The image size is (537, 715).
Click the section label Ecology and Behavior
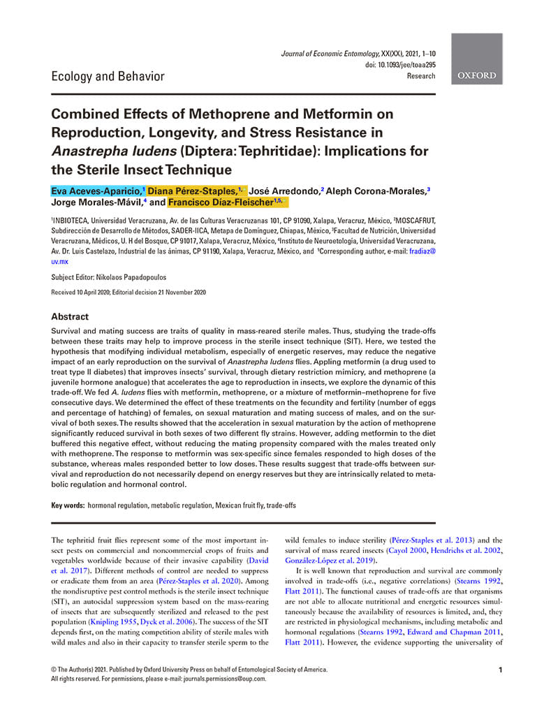(108, 76)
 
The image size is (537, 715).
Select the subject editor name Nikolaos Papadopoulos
(137, 277)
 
